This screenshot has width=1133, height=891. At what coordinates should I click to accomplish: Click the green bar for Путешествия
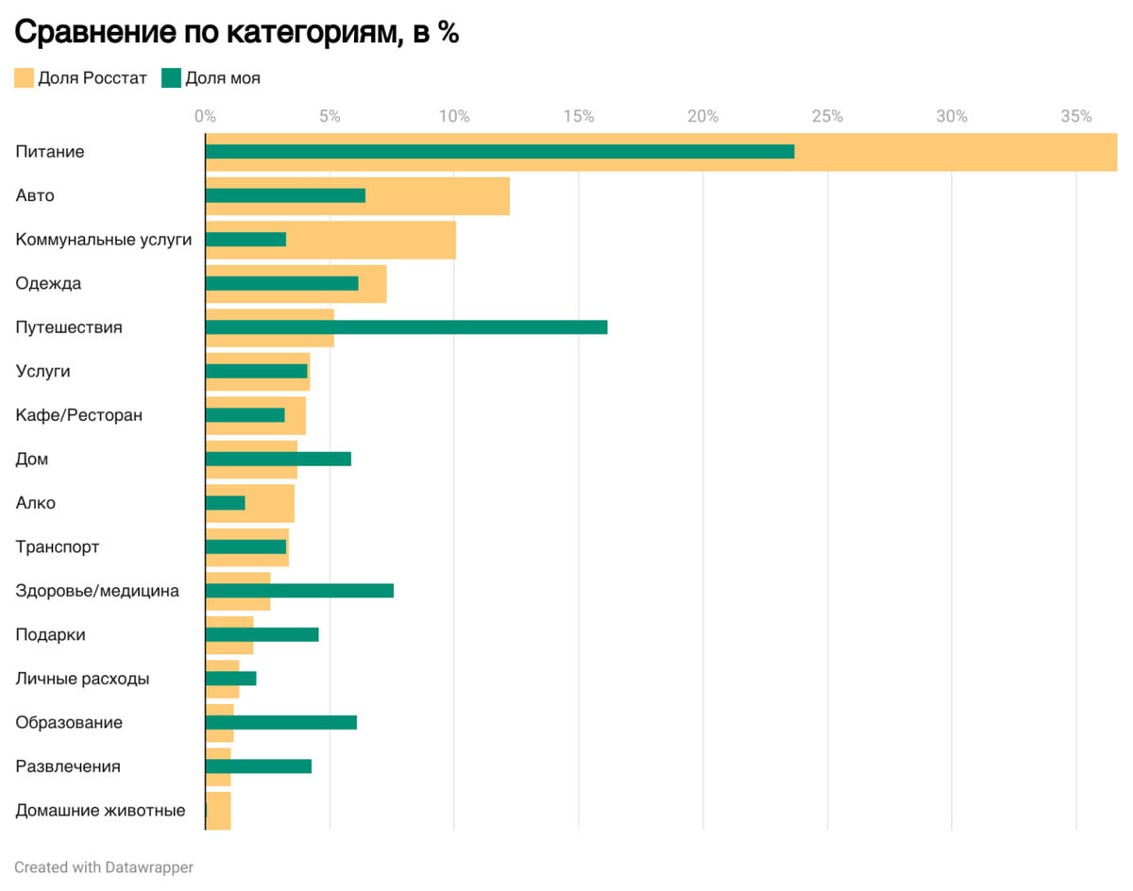point(406,328)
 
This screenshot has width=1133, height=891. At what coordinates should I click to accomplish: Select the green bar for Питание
point(499,152)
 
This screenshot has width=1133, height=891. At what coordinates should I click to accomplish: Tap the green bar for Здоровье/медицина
point(299,591)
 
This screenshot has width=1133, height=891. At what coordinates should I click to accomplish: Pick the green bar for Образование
point(281,723)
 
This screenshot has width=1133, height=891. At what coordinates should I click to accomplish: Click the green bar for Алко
point(226,503)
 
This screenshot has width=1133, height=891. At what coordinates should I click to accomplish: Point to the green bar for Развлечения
point(259,766)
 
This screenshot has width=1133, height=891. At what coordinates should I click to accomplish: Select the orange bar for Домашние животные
point(219,811)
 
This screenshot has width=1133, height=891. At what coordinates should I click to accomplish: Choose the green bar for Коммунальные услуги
point(245,240)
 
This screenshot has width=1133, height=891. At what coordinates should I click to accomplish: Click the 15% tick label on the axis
point(578,117)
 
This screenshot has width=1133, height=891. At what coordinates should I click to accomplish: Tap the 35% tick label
point(1075,117)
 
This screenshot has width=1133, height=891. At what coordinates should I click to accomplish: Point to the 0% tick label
point(205,117)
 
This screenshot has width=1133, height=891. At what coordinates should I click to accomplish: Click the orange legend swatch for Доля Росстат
point(24,78)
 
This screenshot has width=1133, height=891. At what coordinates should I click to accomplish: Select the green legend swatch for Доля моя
point(171,78)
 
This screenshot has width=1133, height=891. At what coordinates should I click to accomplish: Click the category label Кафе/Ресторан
point(79,415)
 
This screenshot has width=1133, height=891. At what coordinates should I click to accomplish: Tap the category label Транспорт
point(58,547)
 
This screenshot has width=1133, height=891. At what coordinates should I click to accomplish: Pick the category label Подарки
point(51,635)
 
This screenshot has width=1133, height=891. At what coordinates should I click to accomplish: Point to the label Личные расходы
point(82,679)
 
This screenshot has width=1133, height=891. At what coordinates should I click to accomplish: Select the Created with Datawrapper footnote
point(104,867)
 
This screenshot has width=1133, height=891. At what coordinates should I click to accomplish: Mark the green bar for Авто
point(285,195)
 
